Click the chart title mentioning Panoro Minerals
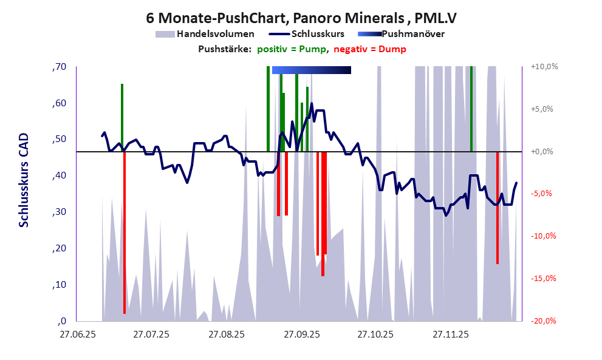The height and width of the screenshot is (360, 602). click(x=301, y=18)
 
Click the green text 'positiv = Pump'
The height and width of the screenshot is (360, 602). click(x=292, y=49)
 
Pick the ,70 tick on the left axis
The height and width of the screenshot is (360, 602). click(x=59, y=67)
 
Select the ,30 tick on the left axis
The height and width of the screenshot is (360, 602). click(x=59, y=212)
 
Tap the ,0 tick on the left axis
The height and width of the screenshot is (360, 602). click(x=61, y=321)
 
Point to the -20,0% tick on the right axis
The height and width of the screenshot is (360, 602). click(x=543, y=321)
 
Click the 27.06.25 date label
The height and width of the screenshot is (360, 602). click(x=77, y=334)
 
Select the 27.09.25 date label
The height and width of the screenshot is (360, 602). click(x=302, y=334)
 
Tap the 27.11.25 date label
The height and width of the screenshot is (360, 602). click(x=450, y=334)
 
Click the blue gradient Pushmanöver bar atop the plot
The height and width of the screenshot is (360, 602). click(x=311, y=70)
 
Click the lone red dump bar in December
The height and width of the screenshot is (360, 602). click(x=497, y=206)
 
